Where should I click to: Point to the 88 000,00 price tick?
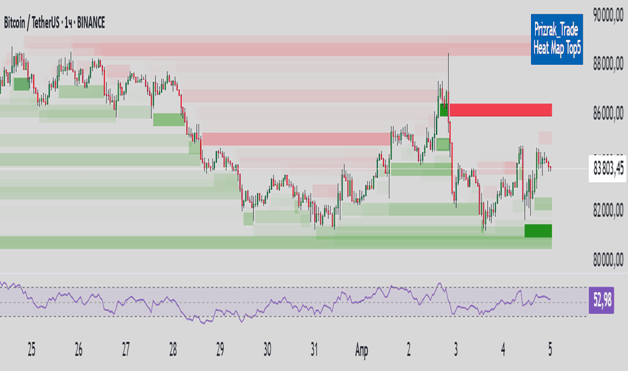[x=609, y=65]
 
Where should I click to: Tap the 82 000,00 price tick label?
[x=609, y=212]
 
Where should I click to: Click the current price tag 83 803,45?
[x=608, y=167]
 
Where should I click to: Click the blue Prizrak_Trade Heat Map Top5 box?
[x=557, y=40]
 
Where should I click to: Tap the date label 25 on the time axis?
[x=32, y=350]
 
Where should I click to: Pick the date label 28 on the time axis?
[x=173, y=350]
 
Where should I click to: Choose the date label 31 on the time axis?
[x=315, y=350]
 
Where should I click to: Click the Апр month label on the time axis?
[x=362, y=350]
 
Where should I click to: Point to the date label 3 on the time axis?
[x=456, y=350]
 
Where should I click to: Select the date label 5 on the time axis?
[x=551, y=350]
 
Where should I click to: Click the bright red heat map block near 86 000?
[x=501, y=109]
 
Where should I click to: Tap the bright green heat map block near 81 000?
[x=538, y=231]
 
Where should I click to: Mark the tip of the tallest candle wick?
[x=448, y=53]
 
